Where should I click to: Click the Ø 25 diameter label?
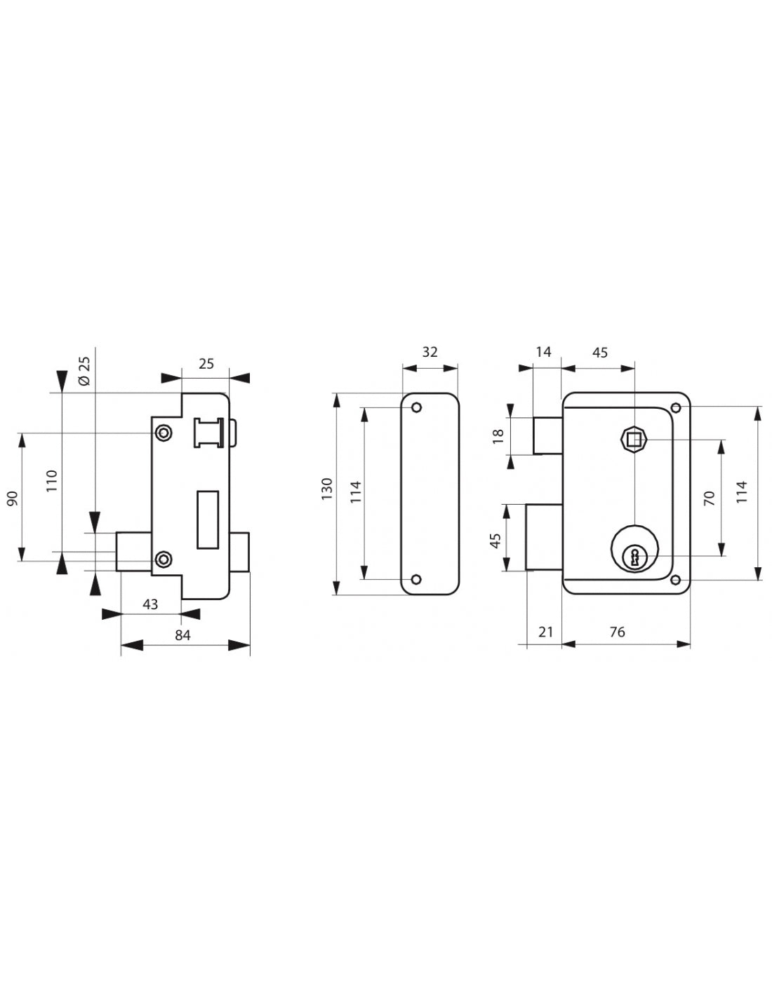pos(85,371)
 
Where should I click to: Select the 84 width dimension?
pos(182,635)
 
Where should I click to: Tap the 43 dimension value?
pos(150,604)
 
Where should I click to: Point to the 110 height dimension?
pos(52,481)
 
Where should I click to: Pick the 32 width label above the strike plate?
pos(430,352)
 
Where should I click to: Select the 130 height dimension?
pos(326,489)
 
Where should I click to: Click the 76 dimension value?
pos(617,632)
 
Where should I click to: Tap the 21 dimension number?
pos(545,632)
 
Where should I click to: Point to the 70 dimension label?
pos(709,498)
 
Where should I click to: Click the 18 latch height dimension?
pos(498,436)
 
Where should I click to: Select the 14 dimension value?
pos(543,352)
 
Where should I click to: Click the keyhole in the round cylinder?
pos(634,557)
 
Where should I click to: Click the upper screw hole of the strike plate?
pos(417,407)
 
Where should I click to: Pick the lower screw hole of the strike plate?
pos(417,580)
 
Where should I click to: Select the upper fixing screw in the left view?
pos(163,432)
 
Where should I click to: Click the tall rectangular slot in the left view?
pos(208,520)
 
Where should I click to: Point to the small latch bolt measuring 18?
pos(547,435)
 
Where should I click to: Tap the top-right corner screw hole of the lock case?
pos(676,407)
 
